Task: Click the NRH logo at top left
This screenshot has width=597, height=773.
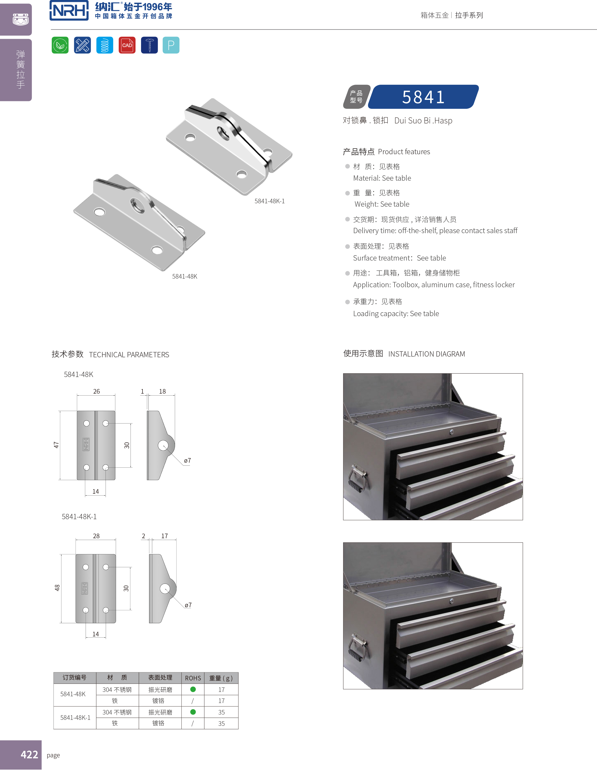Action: click(69, 11)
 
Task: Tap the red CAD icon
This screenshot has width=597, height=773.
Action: click(127, 45)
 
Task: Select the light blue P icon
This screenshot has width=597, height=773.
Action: click(171, 45)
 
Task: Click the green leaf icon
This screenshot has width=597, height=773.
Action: click(60, 45)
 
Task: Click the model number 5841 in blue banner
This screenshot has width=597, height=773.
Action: click(423, 97)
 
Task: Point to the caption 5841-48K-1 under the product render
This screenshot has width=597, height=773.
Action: click(269, 201)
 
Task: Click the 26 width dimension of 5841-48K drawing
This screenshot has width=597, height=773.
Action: click(96, 391)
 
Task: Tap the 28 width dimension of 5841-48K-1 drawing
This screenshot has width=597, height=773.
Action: click(96, 536)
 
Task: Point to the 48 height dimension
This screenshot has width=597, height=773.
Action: click(57, 588)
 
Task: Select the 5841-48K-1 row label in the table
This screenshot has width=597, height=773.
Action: click(75, 717)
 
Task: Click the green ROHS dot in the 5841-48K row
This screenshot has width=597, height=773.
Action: click(193, 689)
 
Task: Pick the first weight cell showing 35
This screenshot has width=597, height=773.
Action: click(221, 712)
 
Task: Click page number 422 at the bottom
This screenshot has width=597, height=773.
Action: click(29, 754)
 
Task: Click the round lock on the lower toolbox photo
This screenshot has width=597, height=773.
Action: click(451, 601)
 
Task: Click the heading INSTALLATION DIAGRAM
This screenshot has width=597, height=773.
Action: click(426, 354)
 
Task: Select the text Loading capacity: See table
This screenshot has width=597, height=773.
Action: click(396, 313)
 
